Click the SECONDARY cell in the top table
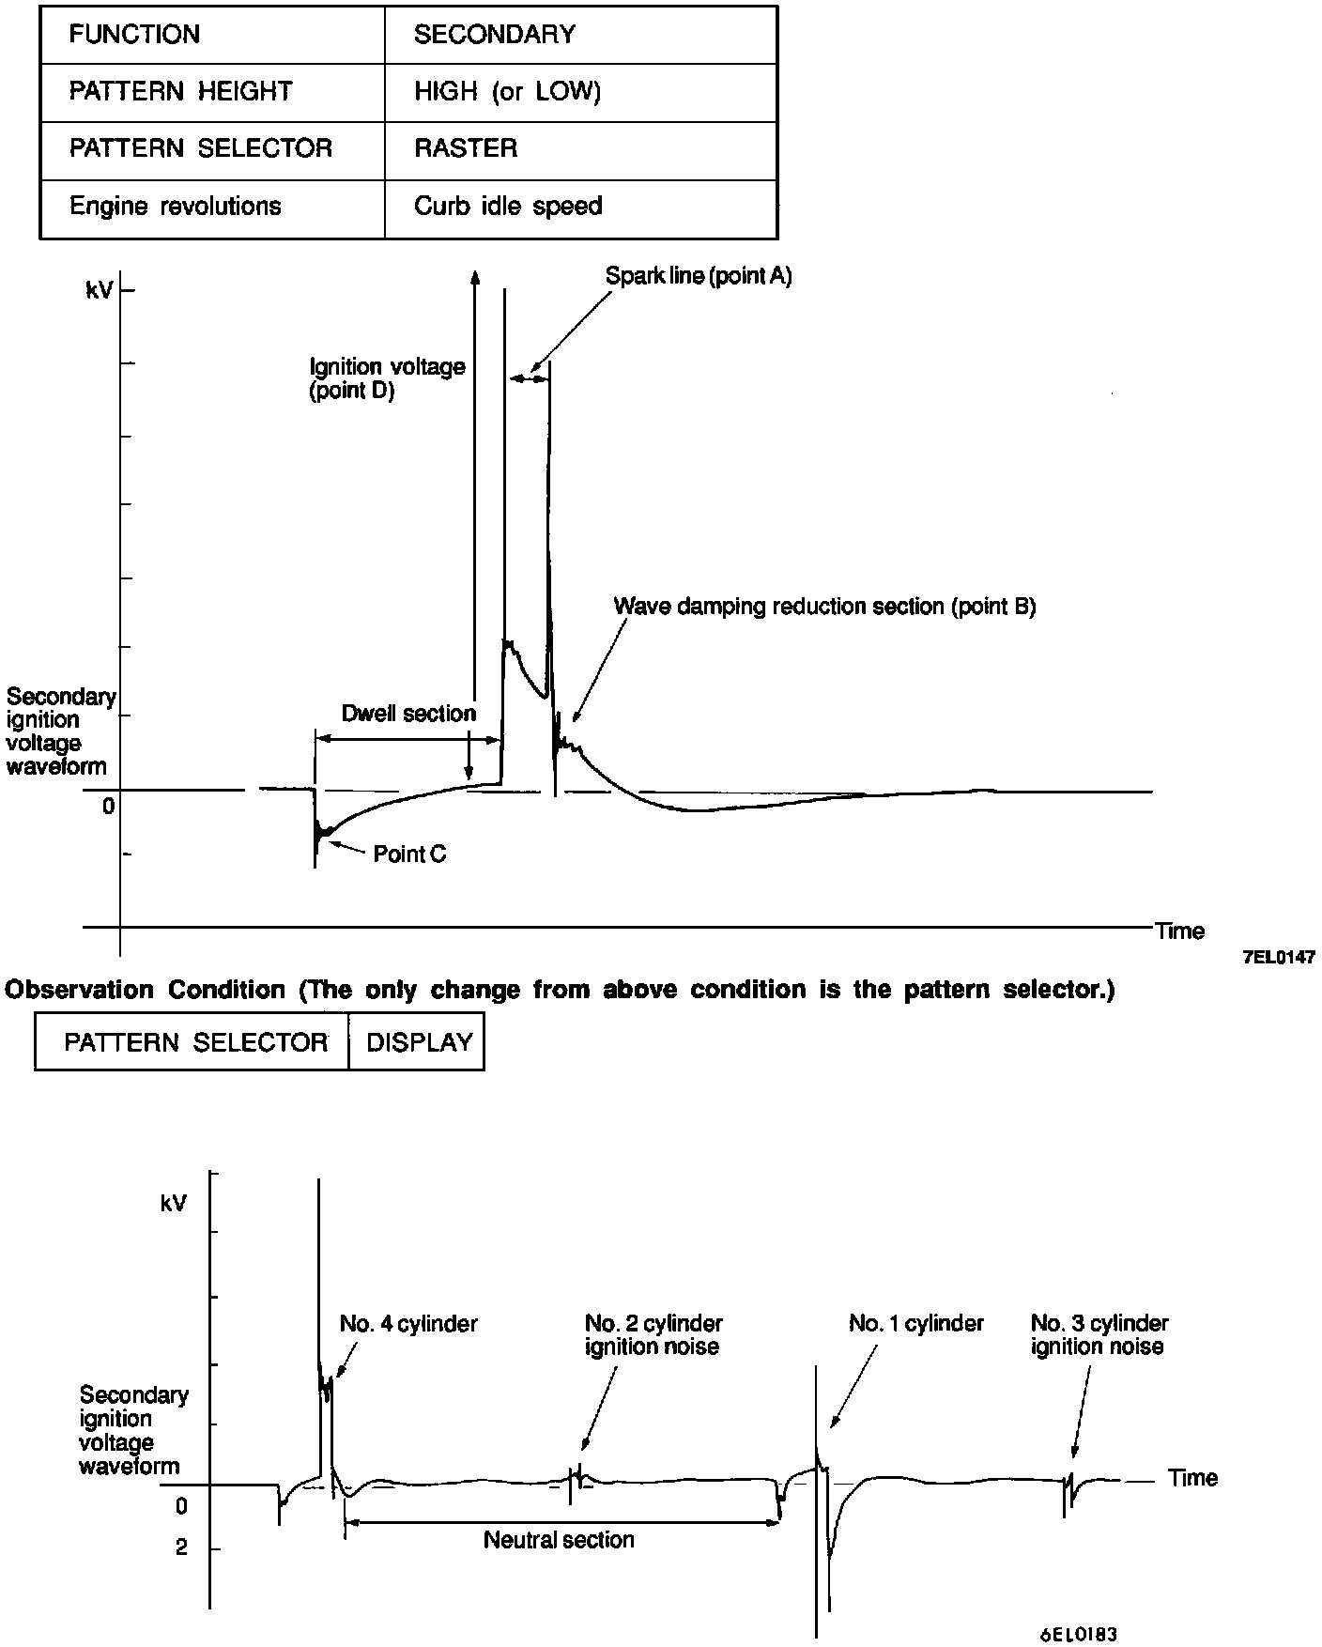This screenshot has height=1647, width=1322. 494,35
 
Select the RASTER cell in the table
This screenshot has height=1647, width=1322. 465,148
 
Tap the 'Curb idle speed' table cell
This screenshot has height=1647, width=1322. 507,207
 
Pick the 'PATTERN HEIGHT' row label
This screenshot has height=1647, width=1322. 180,92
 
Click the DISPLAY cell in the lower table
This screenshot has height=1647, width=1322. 419,1042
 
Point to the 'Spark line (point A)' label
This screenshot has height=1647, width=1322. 698,276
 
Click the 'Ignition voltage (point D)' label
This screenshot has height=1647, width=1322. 387,378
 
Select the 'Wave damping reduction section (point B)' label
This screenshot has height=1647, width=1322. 824,607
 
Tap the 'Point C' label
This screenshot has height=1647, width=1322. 409,854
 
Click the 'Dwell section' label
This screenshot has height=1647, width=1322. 408,714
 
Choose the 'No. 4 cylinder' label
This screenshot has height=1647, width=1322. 408,1324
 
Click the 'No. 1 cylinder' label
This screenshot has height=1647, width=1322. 915,1324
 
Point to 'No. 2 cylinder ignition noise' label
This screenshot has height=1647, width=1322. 653,1335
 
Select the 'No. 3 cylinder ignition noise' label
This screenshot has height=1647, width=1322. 1099,1335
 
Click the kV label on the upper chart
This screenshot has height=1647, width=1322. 100,291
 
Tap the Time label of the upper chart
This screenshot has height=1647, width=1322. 1179,931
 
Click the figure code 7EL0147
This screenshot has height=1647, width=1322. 1278,957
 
